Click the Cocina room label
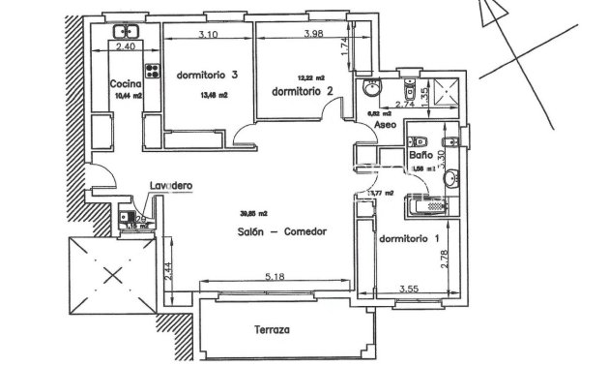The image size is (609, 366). pos(126,83)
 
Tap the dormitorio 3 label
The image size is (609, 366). pos(207,76)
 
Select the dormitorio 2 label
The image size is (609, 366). pos(303,91)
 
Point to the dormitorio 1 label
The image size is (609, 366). pos(408,238)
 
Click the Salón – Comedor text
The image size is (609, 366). pos(281,231)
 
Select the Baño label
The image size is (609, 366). pos(420,155)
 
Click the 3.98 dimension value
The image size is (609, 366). pos(311,35)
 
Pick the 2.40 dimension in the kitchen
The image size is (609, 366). pos(126,46)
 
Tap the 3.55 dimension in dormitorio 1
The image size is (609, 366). pos(412,289)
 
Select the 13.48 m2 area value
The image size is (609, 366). pos(215,95)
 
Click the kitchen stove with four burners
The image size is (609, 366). pos(152,69)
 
